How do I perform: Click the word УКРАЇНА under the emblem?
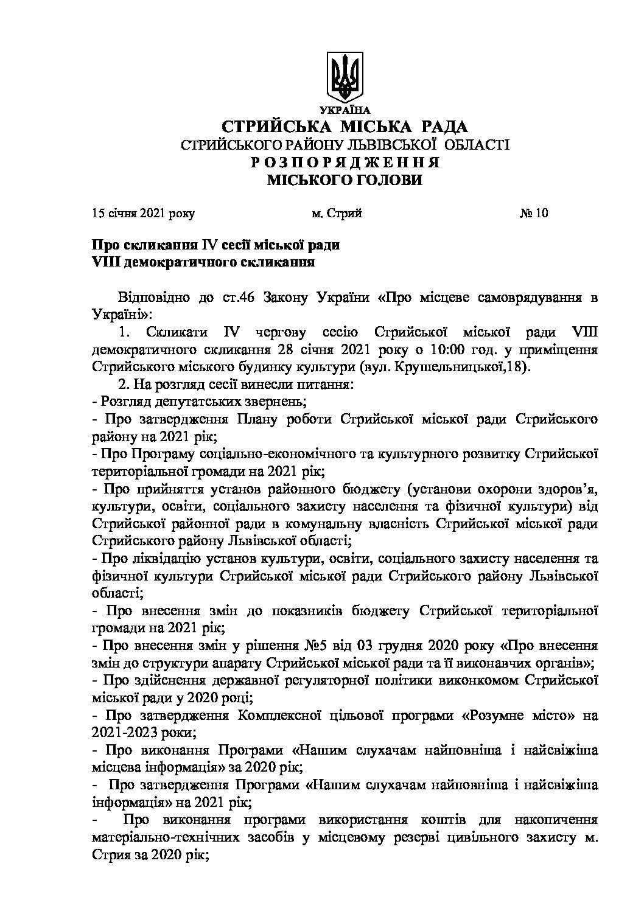pos(345,110)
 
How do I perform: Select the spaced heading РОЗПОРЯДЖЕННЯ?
pos(345,163)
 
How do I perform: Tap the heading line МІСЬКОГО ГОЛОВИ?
pos(345,180)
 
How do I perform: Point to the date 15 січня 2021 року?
pos(144,214)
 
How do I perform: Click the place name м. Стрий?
pos(337,214)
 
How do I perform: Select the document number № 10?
pos(534,214)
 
